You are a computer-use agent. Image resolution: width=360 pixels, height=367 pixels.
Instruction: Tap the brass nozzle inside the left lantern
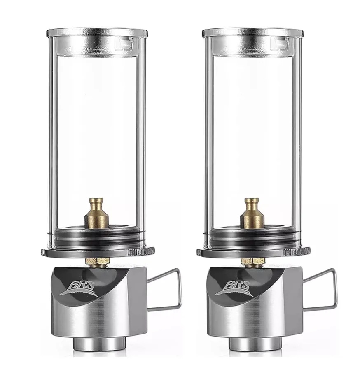point(96,214)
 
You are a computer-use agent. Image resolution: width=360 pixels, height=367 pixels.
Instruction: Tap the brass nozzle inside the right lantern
point(252,214)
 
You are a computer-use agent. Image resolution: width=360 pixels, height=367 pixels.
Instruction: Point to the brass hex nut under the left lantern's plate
point(97,262)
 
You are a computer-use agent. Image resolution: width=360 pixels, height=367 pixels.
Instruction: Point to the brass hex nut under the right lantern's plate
point(253,262)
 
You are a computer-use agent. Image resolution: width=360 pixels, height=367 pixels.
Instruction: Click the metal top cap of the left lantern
point(97,33)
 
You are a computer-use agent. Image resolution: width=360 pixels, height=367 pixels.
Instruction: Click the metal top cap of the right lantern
point(252,33)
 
